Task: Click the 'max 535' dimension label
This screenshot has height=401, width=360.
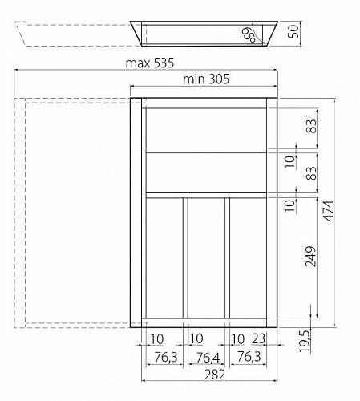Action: [150, 63]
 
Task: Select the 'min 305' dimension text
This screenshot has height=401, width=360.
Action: [206, 79]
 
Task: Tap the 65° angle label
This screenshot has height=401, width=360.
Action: [249, 34]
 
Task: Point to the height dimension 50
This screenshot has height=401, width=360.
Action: [293, 31]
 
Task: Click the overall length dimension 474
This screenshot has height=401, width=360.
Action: [328, 211]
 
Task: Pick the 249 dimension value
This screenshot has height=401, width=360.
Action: [310, 257]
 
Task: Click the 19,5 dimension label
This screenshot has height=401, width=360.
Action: [304, 341]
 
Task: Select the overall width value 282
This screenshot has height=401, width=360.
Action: [215, 375]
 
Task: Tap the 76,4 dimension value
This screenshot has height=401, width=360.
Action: [208, 358]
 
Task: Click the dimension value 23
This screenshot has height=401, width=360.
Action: [258, 339]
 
